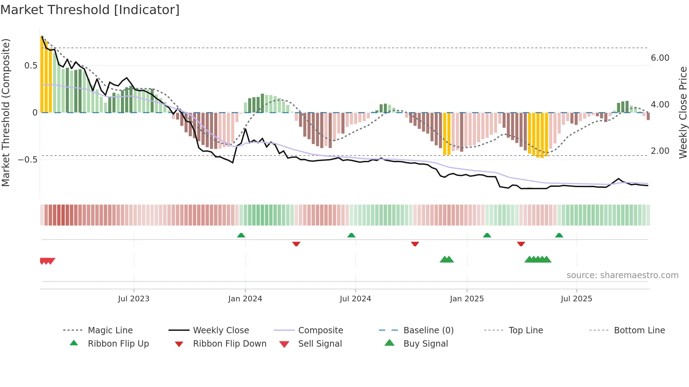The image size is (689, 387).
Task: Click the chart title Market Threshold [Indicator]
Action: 90,10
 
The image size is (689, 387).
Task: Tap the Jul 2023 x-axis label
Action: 134,299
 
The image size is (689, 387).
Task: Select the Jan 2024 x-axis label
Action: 245,299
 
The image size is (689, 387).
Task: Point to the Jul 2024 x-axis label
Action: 355,299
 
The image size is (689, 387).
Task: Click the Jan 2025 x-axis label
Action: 467,299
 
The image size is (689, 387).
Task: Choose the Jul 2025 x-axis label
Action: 577,299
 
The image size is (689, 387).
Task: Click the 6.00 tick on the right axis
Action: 660,58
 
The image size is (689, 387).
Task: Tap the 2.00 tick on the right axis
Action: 660,151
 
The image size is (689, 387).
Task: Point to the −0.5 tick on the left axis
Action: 28,160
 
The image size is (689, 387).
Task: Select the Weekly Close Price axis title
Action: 683,112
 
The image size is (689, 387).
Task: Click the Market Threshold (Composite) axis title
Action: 6,112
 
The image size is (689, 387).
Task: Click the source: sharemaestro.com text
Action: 622,275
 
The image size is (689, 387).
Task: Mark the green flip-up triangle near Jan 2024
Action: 241,235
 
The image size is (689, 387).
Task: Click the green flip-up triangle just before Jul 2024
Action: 351,235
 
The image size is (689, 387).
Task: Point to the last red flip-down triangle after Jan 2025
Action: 521,244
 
